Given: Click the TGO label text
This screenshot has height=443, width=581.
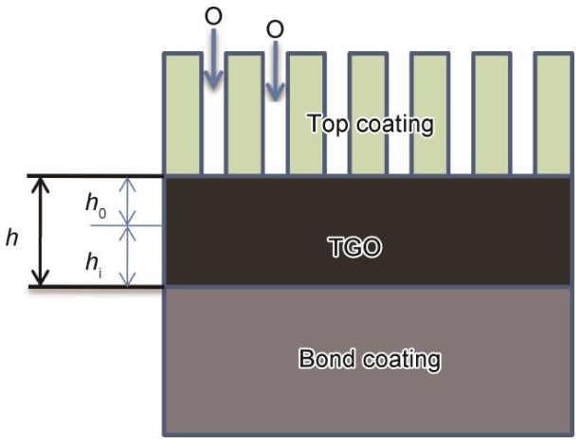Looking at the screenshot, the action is click(x=354, y=247).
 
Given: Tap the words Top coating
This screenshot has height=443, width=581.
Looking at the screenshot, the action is click(x=371, y=124).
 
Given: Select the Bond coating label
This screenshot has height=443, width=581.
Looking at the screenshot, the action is click(x=370, y=359).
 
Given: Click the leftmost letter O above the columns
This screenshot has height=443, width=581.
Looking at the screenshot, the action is click(x=213, y=16).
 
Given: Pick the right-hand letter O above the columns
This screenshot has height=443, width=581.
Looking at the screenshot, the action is click(x=275, y=28).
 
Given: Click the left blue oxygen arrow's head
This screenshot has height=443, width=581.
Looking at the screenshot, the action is click(x=214, y=80).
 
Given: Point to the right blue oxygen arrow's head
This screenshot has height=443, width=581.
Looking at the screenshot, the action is click(x=275, y=92).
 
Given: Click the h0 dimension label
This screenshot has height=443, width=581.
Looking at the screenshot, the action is click(x=96, y=205).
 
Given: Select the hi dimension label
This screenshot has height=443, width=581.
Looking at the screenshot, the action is click(x=94, y=265).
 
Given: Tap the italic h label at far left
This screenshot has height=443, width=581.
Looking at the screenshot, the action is click(x=12, y=238).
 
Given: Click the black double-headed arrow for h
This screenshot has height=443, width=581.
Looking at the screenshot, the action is click(x=41, y=231).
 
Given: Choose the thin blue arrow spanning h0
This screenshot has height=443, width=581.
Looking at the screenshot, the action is click(x=127, y=201).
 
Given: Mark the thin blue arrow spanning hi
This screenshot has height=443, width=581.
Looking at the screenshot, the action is click(x=127, y=257).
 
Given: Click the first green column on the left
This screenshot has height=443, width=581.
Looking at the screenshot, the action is click(x=184, y=114).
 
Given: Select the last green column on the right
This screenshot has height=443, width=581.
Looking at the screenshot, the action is click(x=554, y=114).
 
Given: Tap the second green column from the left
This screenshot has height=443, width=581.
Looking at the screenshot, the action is click(x=245, y=114).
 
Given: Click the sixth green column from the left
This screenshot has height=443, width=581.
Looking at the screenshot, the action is click(x=492, y=114).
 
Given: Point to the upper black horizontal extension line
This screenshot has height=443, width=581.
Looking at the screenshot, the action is click(x=96, y=176).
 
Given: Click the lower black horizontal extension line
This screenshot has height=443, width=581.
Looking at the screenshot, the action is click(x=96, y=287).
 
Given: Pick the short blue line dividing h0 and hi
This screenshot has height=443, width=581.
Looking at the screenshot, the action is click(x=126, y=225).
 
